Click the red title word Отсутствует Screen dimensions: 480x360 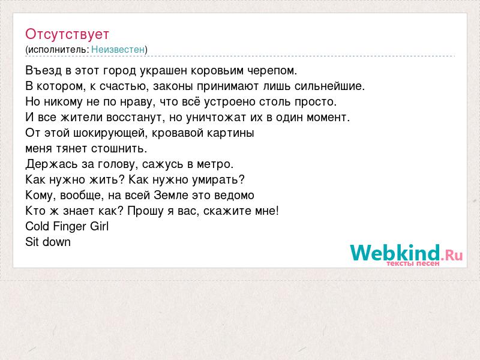(x=67, y=34)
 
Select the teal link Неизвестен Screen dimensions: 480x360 (x=118, y=49)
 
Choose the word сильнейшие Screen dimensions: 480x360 (x=329, y=86)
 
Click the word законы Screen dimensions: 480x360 (x=173, y=86)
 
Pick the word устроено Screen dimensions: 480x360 (x=230, y=102)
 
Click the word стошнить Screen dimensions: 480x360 (x=119, y=148)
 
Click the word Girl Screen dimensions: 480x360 (x=99, y=226)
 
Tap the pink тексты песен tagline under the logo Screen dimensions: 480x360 (x=413, y=263)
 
